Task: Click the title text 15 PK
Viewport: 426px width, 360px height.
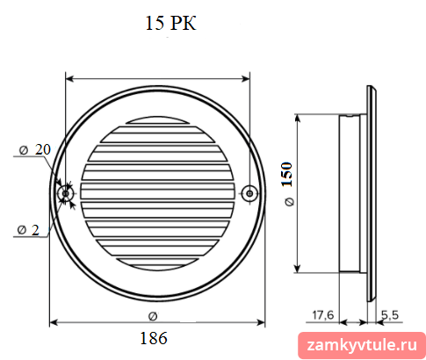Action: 170,23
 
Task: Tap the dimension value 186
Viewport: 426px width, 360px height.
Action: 154,338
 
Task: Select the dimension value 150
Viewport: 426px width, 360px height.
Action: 287,175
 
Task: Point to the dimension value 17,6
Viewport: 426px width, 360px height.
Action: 323,315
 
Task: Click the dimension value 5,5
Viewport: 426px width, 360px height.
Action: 390,315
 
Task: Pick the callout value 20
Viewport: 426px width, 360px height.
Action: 43,149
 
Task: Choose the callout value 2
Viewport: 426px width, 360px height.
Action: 35,230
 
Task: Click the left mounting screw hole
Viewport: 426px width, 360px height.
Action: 66,193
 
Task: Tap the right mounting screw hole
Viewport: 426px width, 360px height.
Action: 249,193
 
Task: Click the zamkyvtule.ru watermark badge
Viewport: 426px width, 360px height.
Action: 362,345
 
